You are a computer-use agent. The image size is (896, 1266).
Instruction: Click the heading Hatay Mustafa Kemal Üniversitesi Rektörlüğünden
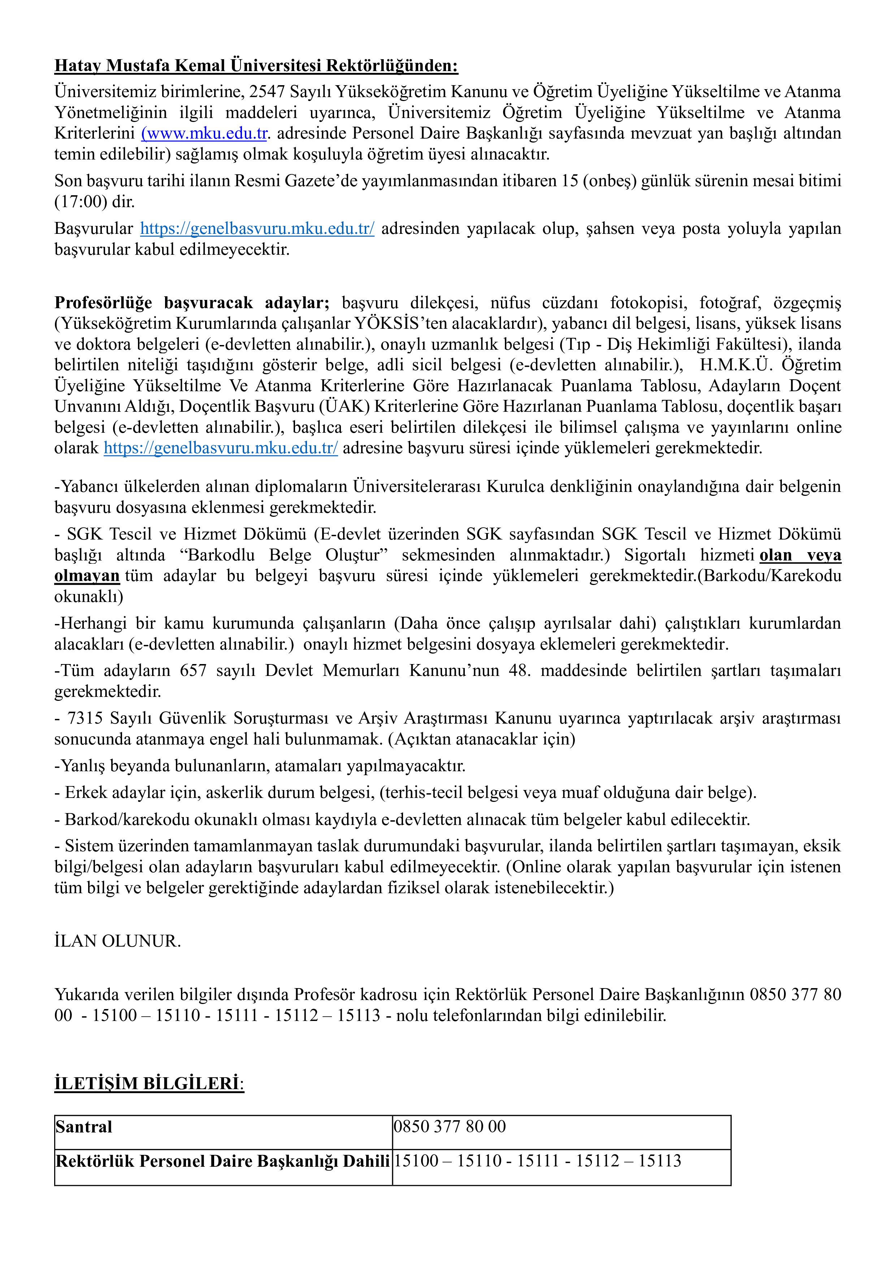click(x=256, y=66)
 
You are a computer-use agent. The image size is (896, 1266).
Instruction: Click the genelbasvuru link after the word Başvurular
click(x=257, y=229)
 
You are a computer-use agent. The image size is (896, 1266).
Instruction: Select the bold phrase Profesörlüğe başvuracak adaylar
click(x=191, y=303)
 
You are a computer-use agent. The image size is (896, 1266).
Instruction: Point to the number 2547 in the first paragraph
click(x=267, y=92)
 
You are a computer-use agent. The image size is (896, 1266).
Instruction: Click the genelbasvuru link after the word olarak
click(x=221, y=448)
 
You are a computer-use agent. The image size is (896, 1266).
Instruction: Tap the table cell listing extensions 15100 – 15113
click(x=561, y=1161)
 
